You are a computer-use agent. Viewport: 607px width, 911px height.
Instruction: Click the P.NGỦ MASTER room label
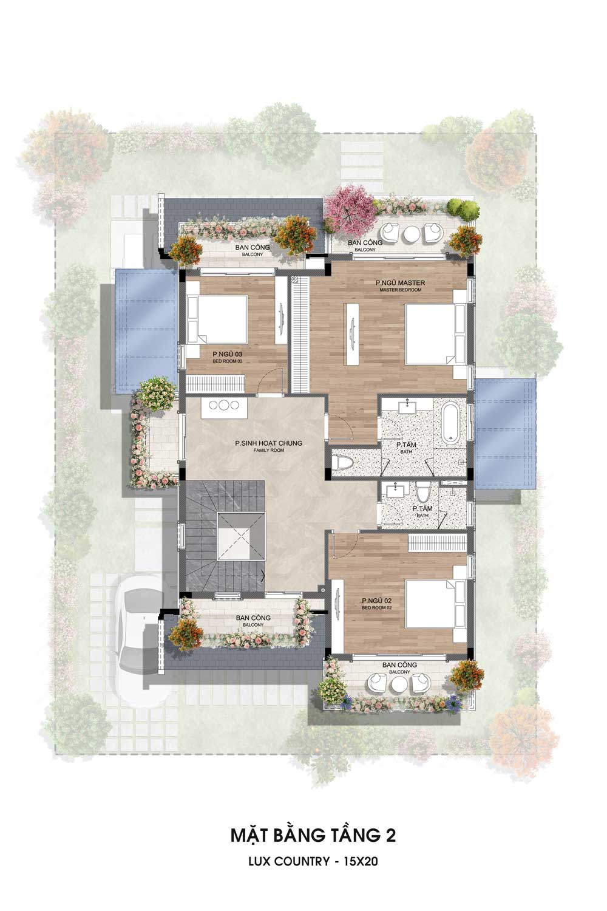tap(400, 282)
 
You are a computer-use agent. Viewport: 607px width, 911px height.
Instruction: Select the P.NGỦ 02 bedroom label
tap(376, 601)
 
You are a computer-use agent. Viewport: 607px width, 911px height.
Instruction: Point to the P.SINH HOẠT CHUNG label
tap(268, 443)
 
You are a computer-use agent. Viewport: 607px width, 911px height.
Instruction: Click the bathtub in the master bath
tap(450, 423)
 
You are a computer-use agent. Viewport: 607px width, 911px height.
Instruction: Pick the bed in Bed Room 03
tap(217, 319)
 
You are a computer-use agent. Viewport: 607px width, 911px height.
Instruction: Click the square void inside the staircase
tap(241, 537)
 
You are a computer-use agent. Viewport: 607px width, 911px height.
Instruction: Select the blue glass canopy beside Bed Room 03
tap(146, 330)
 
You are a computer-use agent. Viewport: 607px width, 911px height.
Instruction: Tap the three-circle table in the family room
tap(223, 405)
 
